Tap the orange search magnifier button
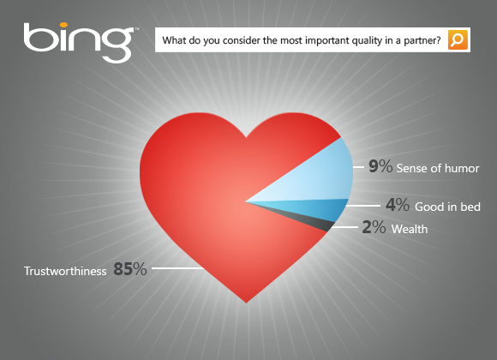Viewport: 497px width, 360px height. tap(458, 40)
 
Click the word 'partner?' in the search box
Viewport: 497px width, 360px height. tap(422, 40)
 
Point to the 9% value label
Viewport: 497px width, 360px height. tap(380, 166)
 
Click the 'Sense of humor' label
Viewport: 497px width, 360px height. tap(437, 167)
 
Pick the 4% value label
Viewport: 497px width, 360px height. tap(397, 207)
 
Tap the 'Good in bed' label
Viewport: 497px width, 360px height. tap(447, 207)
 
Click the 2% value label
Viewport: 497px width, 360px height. tap(374, 229)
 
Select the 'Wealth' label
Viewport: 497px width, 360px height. tap(410, 230)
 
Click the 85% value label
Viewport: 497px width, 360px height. tap(130, 269)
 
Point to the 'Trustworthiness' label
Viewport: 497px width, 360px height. tap(65, 270)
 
